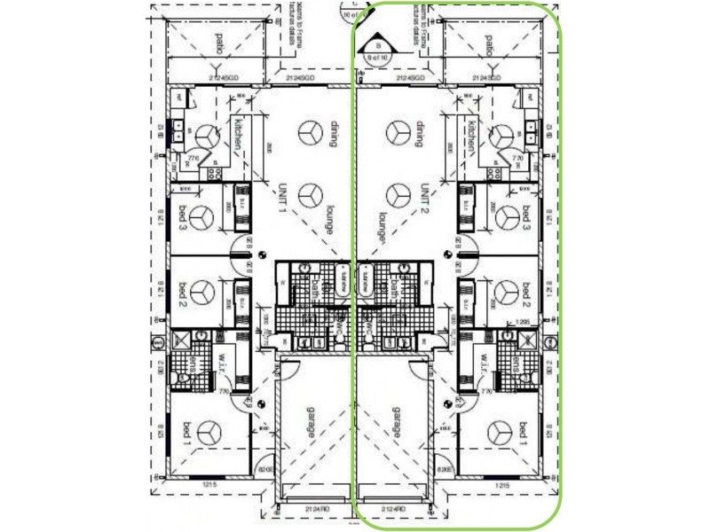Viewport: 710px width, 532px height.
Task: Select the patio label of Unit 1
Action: coord(218,43)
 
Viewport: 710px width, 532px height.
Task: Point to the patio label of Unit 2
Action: coord(490,43)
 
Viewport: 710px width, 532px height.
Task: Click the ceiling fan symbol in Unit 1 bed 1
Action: coord(209,433)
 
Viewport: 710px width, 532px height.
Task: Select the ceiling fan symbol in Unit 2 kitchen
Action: coord(500,136)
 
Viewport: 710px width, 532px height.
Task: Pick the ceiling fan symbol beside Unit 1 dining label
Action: coord(310,133)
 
